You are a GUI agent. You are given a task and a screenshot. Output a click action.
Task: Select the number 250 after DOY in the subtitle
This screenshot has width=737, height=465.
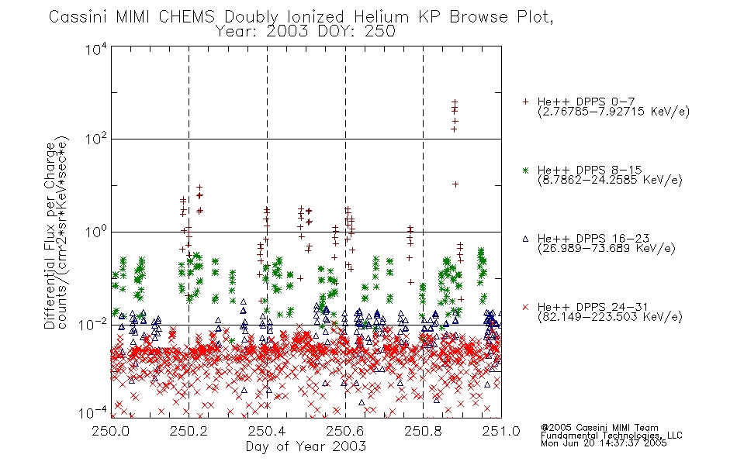[x=380, y=32]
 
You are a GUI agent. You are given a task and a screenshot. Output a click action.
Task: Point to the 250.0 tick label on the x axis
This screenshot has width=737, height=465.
[x=110, y=431]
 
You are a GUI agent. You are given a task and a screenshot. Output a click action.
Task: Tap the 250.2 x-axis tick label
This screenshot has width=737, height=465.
[x=189, y=431]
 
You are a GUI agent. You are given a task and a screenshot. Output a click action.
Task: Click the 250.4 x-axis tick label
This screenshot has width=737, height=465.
[x=267, y=431]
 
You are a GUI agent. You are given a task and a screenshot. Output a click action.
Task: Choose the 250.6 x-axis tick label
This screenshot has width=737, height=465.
[x=345, y=431]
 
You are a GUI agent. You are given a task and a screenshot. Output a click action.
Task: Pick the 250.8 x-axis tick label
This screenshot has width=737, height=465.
[x=424, y=431]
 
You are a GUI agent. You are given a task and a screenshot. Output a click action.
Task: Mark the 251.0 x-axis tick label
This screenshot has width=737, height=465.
[x=501, y=431]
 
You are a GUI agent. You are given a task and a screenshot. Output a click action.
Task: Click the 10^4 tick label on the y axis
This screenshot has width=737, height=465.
[x=96, y=50]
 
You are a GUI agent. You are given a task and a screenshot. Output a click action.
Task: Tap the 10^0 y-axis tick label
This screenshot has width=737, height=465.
[x=96, y=231]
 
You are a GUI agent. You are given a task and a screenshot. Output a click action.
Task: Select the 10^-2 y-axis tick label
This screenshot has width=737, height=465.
[x=93, y=324]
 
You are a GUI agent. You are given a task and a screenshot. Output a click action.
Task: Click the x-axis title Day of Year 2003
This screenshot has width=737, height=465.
[x=306, y=446]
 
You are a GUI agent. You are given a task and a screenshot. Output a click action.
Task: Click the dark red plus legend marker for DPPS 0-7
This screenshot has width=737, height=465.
[x=525, y=102]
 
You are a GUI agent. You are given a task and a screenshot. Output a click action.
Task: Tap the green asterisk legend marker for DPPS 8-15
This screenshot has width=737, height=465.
[x=525, y=170]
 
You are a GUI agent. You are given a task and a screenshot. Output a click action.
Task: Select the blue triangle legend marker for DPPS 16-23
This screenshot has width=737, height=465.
[x=525, y=239]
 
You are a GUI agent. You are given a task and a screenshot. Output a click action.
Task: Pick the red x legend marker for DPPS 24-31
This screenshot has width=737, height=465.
[x=525, y=307]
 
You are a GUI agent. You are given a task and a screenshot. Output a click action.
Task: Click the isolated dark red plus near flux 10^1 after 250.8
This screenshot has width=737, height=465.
[x=455, y=184]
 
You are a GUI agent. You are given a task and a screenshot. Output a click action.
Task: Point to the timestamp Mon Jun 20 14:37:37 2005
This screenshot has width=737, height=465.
[x=604, y=443]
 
